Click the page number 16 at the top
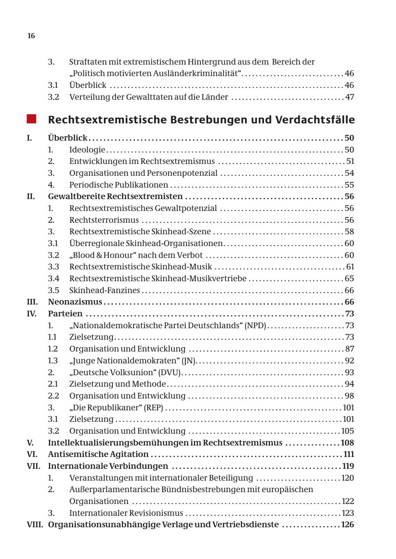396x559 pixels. pyautogui.click(x=31, y=36)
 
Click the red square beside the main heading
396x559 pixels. pyautogui.click(x=31, y=119)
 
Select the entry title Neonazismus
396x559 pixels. pyautogui.click(x=75, y=302)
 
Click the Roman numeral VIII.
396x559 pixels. pyautogui.click(x=35, y=524)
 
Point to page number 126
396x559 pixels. pyautogui.click(x=348, y=524)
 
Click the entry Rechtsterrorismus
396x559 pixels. pyautogui.click(x=104, y=220)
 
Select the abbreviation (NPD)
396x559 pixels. pyautogui.click(x=256, y=325)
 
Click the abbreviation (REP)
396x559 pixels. pyautogui.click(x=154, y=407)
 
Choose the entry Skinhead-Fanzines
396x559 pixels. pyautogui.click(x=105, y=290)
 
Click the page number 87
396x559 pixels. pyautogui.click(x=349, y=349)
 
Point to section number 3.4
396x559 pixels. pyautogui.click(x=53, y=278)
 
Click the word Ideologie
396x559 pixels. pyautogui.click(x=87, y=149)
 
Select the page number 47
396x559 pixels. pyautogui.click(x=349, y=97)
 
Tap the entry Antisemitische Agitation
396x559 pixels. pyautogui.click(x=98, y=454)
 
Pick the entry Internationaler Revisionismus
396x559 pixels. pyautogui.click(x=126, y=513)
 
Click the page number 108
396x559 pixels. pyautogui.click(x=348, y=443)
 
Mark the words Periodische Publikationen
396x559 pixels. pyautogui.click(x=118, y=185)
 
